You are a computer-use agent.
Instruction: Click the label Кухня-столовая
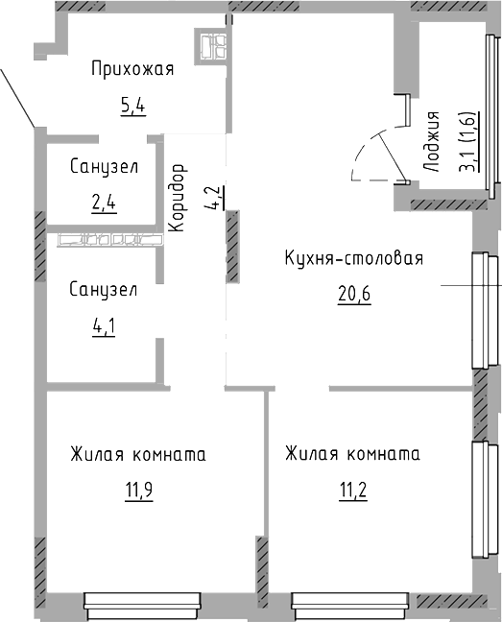[353, 259]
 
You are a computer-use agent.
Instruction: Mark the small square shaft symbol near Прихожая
[212, 43]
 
